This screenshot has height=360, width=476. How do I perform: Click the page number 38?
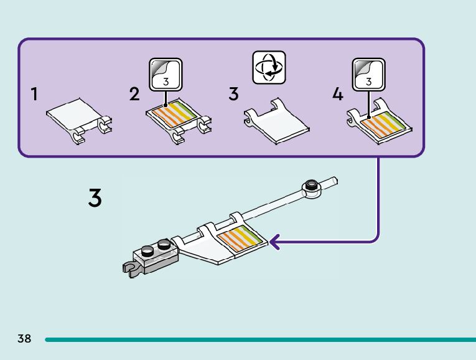pyautogui.click(x=24, y=339)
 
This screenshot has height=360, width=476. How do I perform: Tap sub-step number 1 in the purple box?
pyautogui.click(x=34, y=94)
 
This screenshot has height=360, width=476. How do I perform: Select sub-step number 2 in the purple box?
pyautogui.click(x=134, y=94)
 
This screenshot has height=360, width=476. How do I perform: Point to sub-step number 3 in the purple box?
pyautogui.click(x=233, y=94)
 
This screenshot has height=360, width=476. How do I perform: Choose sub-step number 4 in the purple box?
pyautogui.click(x=337, y=94)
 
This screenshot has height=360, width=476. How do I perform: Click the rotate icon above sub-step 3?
pyautogui.click(x=268, y=68)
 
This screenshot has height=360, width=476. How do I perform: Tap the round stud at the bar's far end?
pyautogui.click(x=310, y=186)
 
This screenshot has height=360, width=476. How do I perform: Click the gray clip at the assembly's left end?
pyautogui.click(x=129, y=268)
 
